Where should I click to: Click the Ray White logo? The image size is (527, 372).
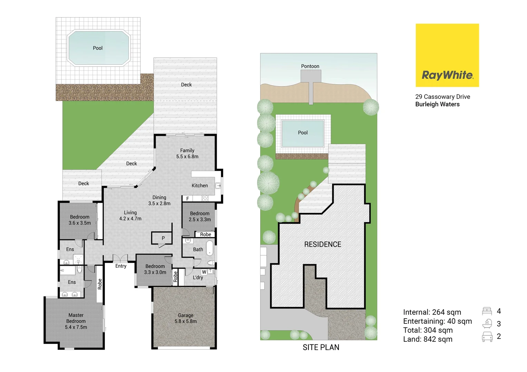click(x=447, y=55)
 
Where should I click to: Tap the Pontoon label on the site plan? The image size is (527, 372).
click(x=310, y=66)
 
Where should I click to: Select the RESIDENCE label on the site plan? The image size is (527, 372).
click(x=322, y=244)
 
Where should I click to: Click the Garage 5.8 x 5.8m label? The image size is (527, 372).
click(x=186, y=318)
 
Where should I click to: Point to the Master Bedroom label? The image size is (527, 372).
click(x=76, y=321)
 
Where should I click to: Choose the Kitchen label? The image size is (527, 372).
click(x=199, y=186)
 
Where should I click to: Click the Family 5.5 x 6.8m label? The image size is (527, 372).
click(x=187, y=154)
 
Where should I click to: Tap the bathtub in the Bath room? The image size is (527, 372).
click(x=209, y=248)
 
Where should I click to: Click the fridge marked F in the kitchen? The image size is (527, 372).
click(x=187, y=199)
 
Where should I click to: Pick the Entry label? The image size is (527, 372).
click(x=121, y=266)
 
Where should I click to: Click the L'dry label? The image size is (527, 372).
click(x=198, y=278)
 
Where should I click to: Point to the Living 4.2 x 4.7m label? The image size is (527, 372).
click(x=130, y=216)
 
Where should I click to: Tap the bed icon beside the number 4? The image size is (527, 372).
click(x=487, y=311)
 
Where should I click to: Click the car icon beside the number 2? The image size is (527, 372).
click(x=487, y=337)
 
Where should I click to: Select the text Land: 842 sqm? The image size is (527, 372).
click(x=428, y=339)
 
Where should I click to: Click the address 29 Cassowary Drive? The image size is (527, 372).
click(x=442, y=97)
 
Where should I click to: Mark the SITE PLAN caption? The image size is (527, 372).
click(x=321, y=347)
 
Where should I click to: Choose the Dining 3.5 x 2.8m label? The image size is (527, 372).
click(x=159, y=200)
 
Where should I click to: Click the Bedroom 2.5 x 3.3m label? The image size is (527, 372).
click(x=199, y=216)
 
